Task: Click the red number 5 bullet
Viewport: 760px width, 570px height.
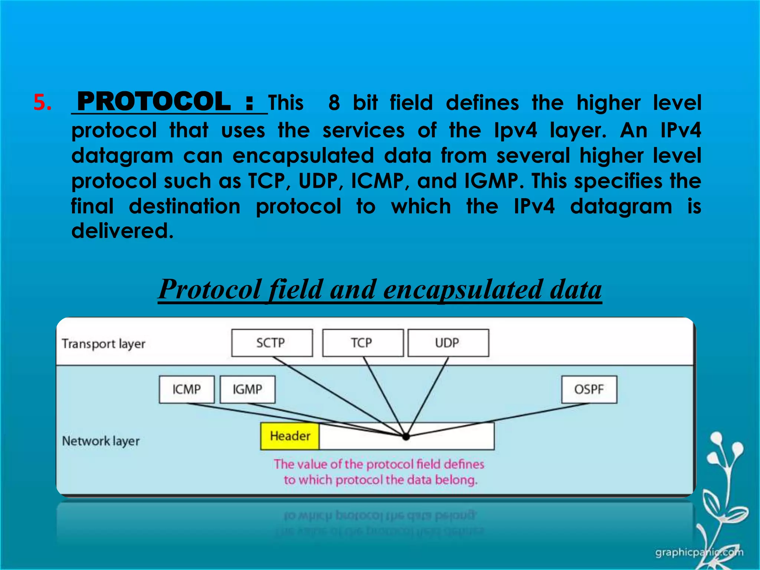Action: [42, 102]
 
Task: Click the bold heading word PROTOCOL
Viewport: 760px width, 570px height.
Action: [154, 102]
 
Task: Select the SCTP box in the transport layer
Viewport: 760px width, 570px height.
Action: [272, 343]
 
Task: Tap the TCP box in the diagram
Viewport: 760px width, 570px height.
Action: [363, 343]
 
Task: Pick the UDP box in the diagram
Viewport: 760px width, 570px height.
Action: [448, 343]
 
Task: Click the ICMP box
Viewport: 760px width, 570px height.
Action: [187, 389]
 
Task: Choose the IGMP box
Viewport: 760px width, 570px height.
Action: [248, 389]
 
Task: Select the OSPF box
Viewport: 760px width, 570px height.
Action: [589, 389]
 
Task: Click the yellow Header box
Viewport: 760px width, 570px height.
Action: [290, 436]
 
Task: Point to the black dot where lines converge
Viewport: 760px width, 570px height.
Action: [406, 437]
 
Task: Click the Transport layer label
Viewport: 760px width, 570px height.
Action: [104, 344]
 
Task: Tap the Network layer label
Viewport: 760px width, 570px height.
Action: [101, 441]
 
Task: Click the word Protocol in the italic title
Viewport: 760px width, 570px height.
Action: [210, 289]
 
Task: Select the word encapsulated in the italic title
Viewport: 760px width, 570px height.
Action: [462, 289]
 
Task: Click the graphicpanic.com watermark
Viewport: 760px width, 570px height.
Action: [699, 553]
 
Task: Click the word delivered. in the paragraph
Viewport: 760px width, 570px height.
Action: [122, 231]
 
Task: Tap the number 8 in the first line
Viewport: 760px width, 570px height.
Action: [334, 103]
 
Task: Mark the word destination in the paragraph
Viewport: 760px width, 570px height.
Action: [184, 206]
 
